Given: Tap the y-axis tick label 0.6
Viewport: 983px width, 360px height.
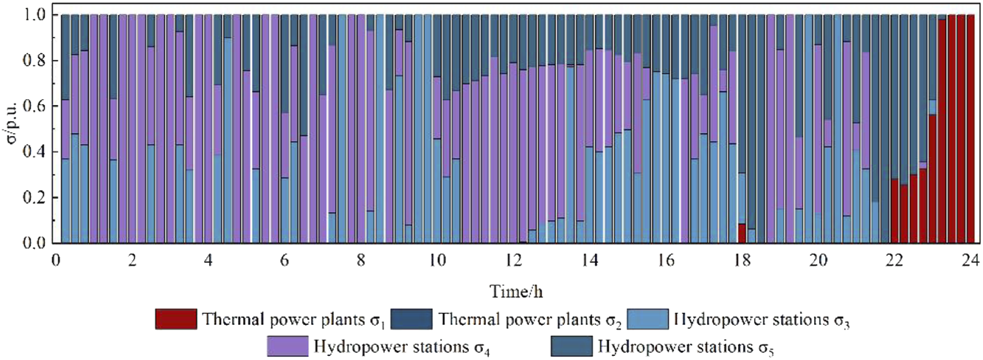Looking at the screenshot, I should click(x=34, y=106).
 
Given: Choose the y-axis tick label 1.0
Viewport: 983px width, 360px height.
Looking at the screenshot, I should click(x=34, y=15).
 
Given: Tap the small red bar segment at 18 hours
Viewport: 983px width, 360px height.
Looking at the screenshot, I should click(x=741, y=233).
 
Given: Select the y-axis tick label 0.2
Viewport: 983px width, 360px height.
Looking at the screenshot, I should click(x=34, y=198).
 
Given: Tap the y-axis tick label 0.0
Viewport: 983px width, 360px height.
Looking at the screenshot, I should click(x=34, y=243).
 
